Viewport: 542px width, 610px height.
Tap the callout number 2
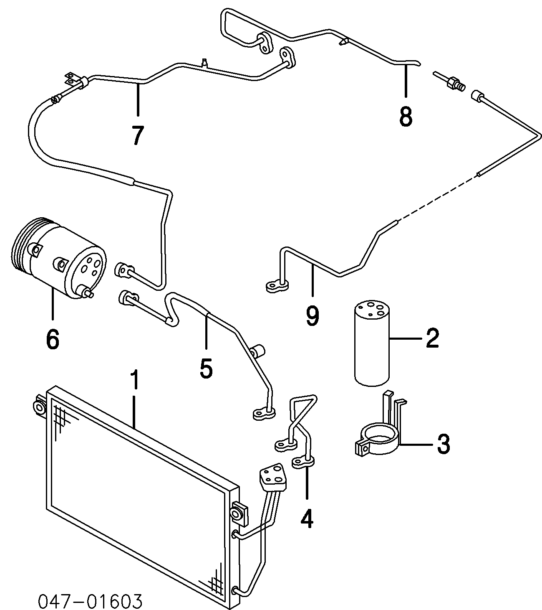[x=432, y=338]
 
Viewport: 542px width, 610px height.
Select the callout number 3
[x=443, y=444]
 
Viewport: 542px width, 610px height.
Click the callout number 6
[x=53, y=339]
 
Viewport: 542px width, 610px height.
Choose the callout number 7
[x=138, y=135]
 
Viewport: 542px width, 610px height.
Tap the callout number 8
[x=405, y=116]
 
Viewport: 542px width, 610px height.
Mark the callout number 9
[x=312, y=316]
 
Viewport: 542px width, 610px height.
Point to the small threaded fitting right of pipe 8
[x=450, y=82]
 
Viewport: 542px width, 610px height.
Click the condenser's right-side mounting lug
[x=239, y=512]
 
